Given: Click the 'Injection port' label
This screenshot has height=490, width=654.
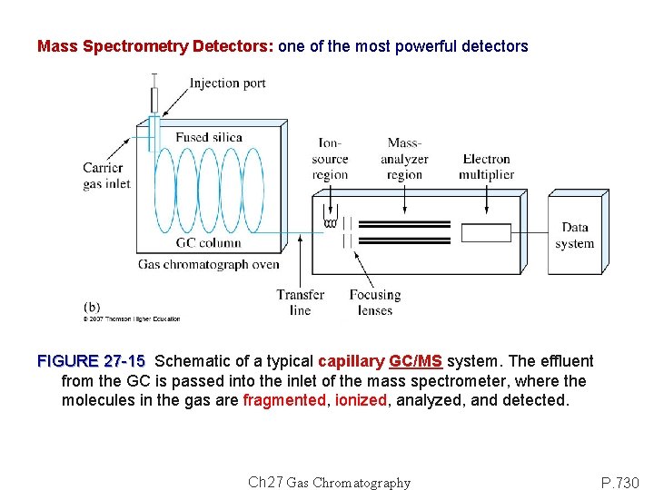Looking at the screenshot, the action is click(x=227, y=83).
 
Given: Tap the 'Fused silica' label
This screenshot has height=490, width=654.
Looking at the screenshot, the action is click(x=209, y=138).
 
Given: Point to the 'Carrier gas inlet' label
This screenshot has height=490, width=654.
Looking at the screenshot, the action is click(x=106, y=175).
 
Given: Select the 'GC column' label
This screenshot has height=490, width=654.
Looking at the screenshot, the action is click(x=208, y=242).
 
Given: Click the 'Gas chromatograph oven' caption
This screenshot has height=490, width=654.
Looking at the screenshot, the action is click(x=208, y=264).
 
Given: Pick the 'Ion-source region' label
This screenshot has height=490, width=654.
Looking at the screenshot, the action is click(x=330, y=159).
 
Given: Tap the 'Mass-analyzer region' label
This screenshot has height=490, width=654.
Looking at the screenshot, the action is click(x=404, y=159).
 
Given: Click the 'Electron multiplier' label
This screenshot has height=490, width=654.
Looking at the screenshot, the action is click(x=486, y=167).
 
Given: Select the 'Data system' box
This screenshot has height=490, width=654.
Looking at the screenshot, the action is click(x=574, y=235).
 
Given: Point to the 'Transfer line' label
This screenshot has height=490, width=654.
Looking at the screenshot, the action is click(x=300, y=301).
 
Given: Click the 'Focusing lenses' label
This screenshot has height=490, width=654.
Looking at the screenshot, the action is click(x=374, y=301).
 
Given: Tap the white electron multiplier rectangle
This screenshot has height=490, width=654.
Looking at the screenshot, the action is click(x=486, y=233).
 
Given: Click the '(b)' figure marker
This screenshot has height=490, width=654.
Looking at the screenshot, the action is click(x=92, y=307).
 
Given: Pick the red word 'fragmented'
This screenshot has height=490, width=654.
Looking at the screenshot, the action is click(x=284, y=400).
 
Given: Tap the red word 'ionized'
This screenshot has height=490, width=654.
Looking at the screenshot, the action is click(x=361, y=400).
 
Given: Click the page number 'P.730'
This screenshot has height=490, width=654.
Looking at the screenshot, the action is click(x=621, y=482).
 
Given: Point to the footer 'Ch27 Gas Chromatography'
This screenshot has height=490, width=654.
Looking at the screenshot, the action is click(x=329, y=483).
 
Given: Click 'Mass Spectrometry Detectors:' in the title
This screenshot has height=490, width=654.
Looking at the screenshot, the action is click(x=155, y=46).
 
